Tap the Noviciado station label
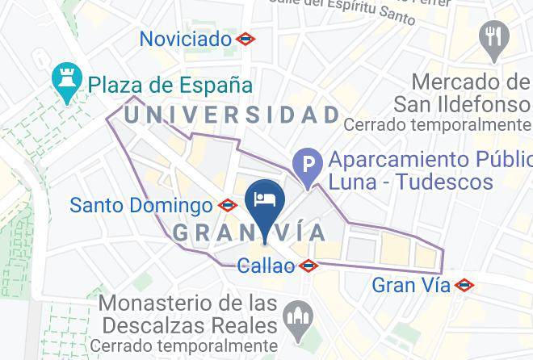coord(186,39)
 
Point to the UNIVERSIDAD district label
coord(232,115)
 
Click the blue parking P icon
coord(308,168)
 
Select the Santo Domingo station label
coord(141,205)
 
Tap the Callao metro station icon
coord(307,266)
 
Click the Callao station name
coord(266,266)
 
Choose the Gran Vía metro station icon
coord(464,285)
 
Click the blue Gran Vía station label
coord(410,285)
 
